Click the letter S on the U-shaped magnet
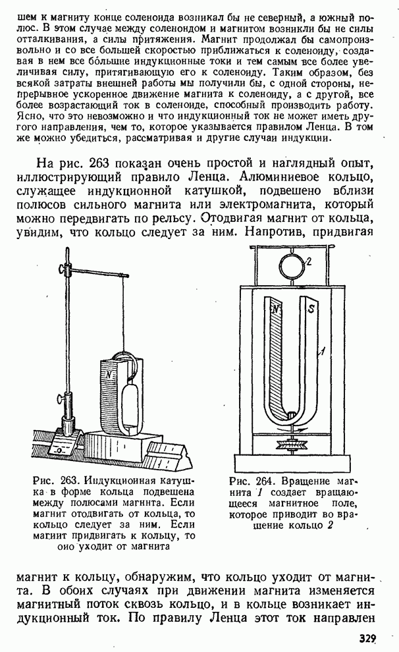pyautogui.click(x=312, y=308)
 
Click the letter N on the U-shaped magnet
pyautogui.click(x=277, y=308)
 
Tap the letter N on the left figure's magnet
pyautogui.click(x=106, y=373)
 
